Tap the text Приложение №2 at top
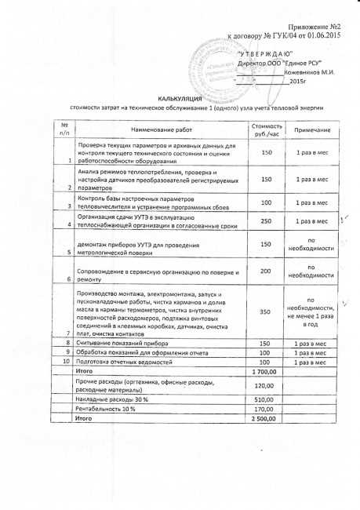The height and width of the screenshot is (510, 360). click(x=307, y=27)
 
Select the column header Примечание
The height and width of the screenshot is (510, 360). click(x=312, y=129)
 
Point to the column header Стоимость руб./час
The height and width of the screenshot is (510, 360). click(x=267, y=129)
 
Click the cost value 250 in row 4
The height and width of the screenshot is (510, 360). click(x=267, y=221)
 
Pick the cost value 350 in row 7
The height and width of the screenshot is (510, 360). click(x=267, y=311)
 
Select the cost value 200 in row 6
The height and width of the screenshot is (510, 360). click(x=267, y=271)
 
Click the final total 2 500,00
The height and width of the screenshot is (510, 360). click(x=266, y=420)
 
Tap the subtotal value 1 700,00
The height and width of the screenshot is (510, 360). click(x=266, y=372)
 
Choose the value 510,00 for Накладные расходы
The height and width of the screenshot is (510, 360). click(x=266, y=399)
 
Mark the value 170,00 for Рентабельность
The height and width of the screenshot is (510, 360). click(x=266, y=410)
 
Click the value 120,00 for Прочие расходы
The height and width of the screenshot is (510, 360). click(x=266, y=386)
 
